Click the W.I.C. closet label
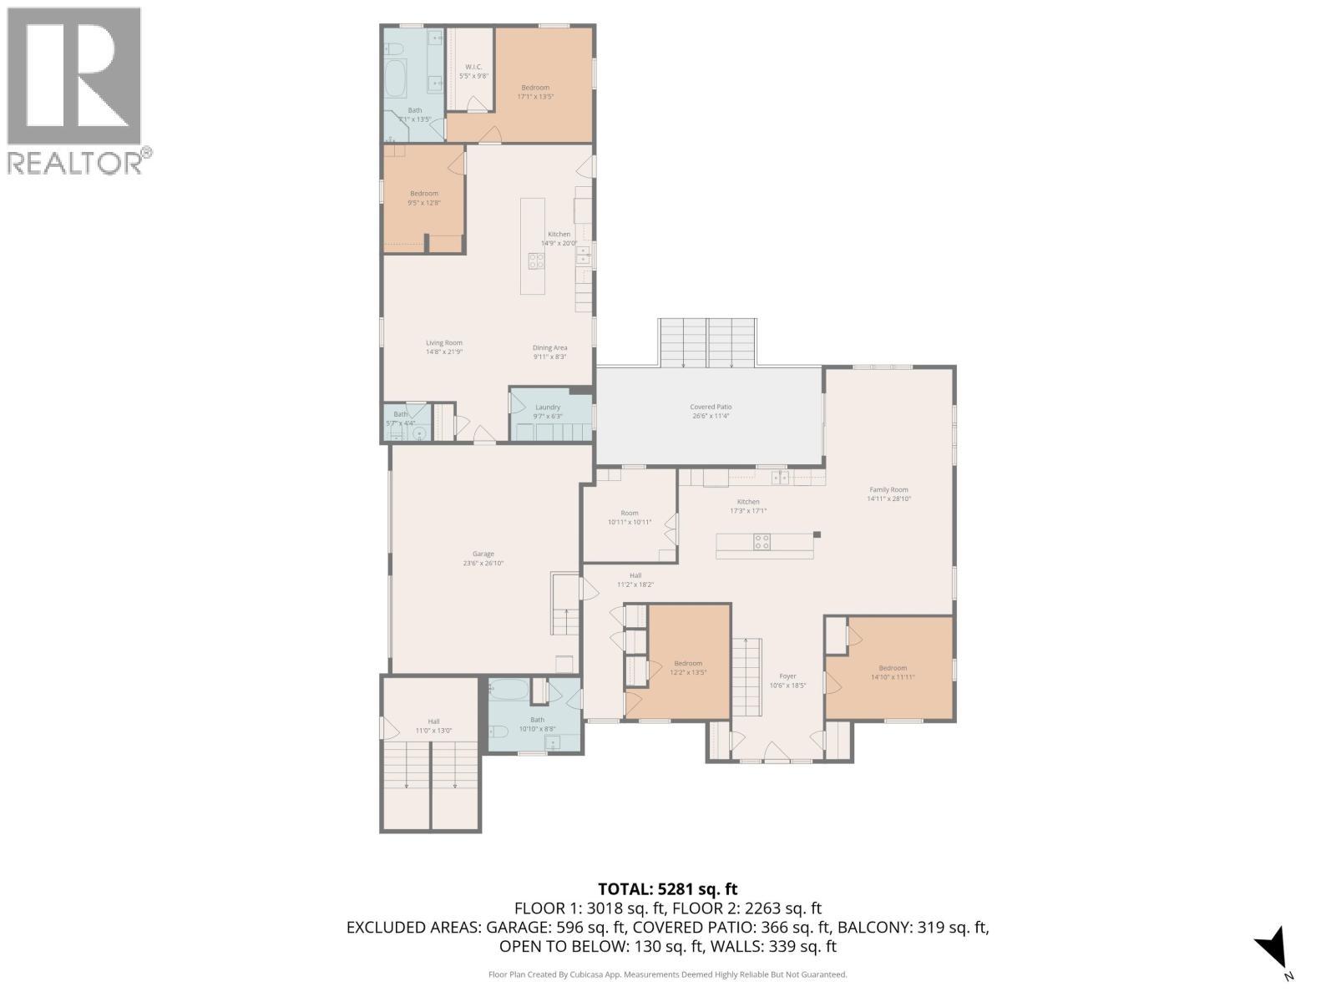(x=473, y=71)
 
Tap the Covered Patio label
(x=711, y=411)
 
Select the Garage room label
(x=483, y=558)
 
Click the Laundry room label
(x=548, y=411)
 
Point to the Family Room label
(x=888, y=493)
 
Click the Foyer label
(x=787, y=681)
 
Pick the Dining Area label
(x=550, y=352)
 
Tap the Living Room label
(x=443, y=347)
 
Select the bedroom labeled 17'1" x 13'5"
(x=535, y=91)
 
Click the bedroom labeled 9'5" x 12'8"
(x=424, y=197)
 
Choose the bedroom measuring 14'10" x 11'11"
(x=892, y=671)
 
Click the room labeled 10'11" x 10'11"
(x=629, y=517)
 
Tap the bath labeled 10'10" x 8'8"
(x=537, y=723)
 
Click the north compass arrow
(x=1273, y=947)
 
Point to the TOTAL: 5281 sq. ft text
(x=667, y=889)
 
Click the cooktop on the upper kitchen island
(x=535, y=261)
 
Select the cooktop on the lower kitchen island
(x=762, y=542)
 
